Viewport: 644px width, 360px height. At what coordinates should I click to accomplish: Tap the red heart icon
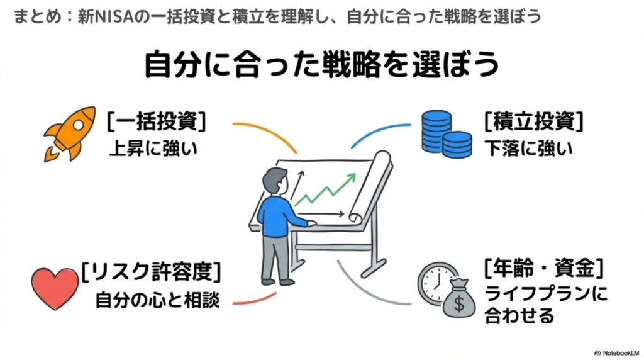point(55,288)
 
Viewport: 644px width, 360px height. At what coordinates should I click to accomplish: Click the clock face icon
point(433,282)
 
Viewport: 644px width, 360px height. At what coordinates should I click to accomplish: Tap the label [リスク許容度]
point(150,273)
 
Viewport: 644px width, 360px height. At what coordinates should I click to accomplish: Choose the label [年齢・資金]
point(543,269)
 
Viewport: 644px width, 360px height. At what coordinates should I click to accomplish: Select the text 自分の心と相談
point(157,300)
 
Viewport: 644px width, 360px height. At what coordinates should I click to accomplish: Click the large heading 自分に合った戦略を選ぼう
point(321,64)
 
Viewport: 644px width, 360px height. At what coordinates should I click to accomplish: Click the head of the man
point(274,179)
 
